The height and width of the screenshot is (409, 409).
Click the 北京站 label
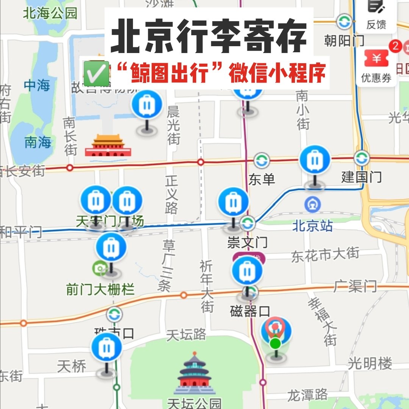click(312, 226)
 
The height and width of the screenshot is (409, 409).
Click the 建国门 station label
click(361, 177)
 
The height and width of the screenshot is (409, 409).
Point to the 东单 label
click(261, 180)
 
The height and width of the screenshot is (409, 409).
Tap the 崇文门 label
click(247, 242)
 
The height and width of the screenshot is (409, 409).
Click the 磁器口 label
click(250, 311)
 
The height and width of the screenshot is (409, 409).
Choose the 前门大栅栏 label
click(100, 290)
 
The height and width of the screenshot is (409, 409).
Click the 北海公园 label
click(50, 13)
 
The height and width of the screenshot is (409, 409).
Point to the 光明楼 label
click(370, 364)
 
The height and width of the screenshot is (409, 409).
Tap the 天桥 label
click(72, 366)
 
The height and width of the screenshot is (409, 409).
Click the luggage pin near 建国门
click(315, 161)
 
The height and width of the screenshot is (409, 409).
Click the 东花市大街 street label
click(325, 255)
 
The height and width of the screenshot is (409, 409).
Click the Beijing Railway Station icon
click(312, 205)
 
